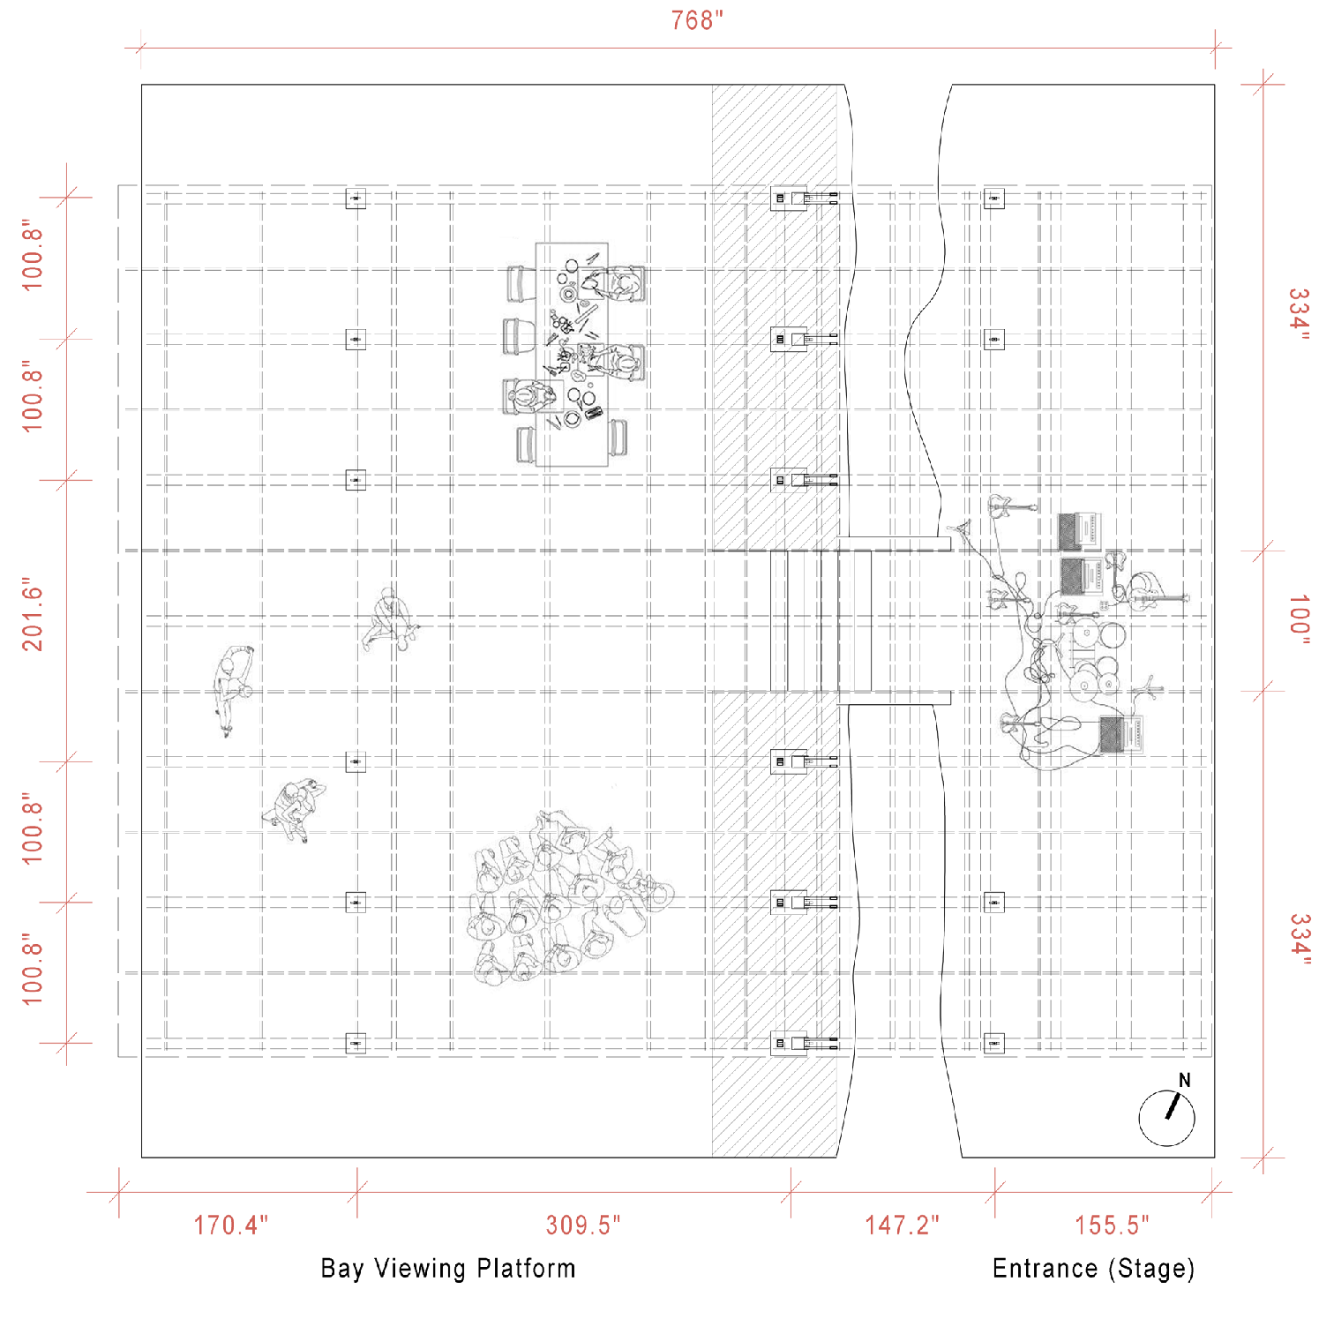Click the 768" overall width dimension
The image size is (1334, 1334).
[696, 20]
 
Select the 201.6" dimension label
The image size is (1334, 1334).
[33, 615]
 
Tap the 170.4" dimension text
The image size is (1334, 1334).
[231, 1225]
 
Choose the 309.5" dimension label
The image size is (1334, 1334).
[583, 1225]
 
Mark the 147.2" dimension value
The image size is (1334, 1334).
[902, 1225]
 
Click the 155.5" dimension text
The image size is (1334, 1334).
[1112, 1225]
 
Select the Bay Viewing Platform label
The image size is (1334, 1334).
[448, 1269]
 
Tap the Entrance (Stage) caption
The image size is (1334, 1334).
[1093, 1269]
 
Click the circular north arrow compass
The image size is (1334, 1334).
[1166, 1118]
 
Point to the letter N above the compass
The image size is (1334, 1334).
[1184, 1080]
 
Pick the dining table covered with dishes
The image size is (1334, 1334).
[572, 355]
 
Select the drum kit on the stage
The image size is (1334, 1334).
[1092, 662]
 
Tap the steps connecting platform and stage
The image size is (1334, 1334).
[821, 620]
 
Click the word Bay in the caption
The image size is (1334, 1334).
[341, 1269]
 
